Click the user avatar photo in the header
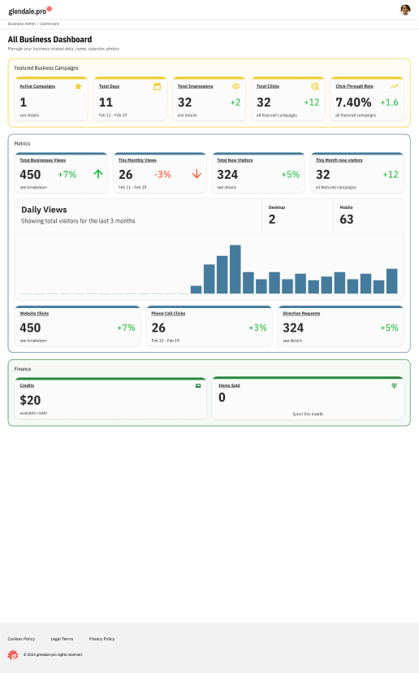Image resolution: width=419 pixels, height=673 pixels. (405, 10)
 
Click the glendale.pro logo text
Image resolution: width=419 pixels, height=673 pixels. (28, 11)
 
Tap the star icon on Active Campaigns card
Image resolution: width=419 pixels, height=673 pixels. (78, 85)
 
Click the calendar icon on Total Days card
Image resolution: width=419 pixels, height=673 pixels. (157, 85)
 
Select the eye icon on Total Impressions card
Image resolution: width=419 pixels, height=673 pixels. (235, 85)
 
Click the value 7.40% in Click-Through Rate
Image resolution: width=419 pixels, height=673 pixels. (353, 102)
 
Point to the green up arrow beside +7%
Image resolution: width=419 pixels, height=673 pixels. (98, 174)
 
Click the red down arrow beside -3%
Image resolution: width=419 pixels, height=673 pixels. (197, 174)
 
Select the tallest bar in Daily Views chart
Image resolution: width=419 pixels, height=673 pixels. (235, 269)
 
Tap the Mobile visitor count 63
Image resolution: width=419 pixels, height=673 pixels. (347, 219)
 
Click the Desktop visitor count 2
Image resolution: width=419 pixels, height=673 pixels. (272, 219)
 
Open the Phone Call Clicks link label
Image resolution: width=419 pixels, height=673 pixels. (168, 313)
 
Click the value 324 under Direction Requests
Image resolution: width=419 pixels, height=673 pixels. (293, 328)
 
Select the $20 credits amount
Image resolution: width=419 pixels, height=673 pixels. (30, 400)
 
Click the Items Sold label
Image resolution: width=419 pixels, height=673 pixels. (229, 385)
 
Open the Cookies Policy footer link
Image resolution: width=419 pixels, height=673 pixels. (21, 639)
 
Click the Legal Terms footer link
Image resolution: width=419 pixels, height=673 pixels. (62, 639)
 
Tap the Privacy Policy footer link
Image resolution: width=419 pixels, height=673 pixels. (102, 639)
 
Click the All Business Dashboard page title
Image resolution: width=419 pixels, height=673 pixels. (50, 39)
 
